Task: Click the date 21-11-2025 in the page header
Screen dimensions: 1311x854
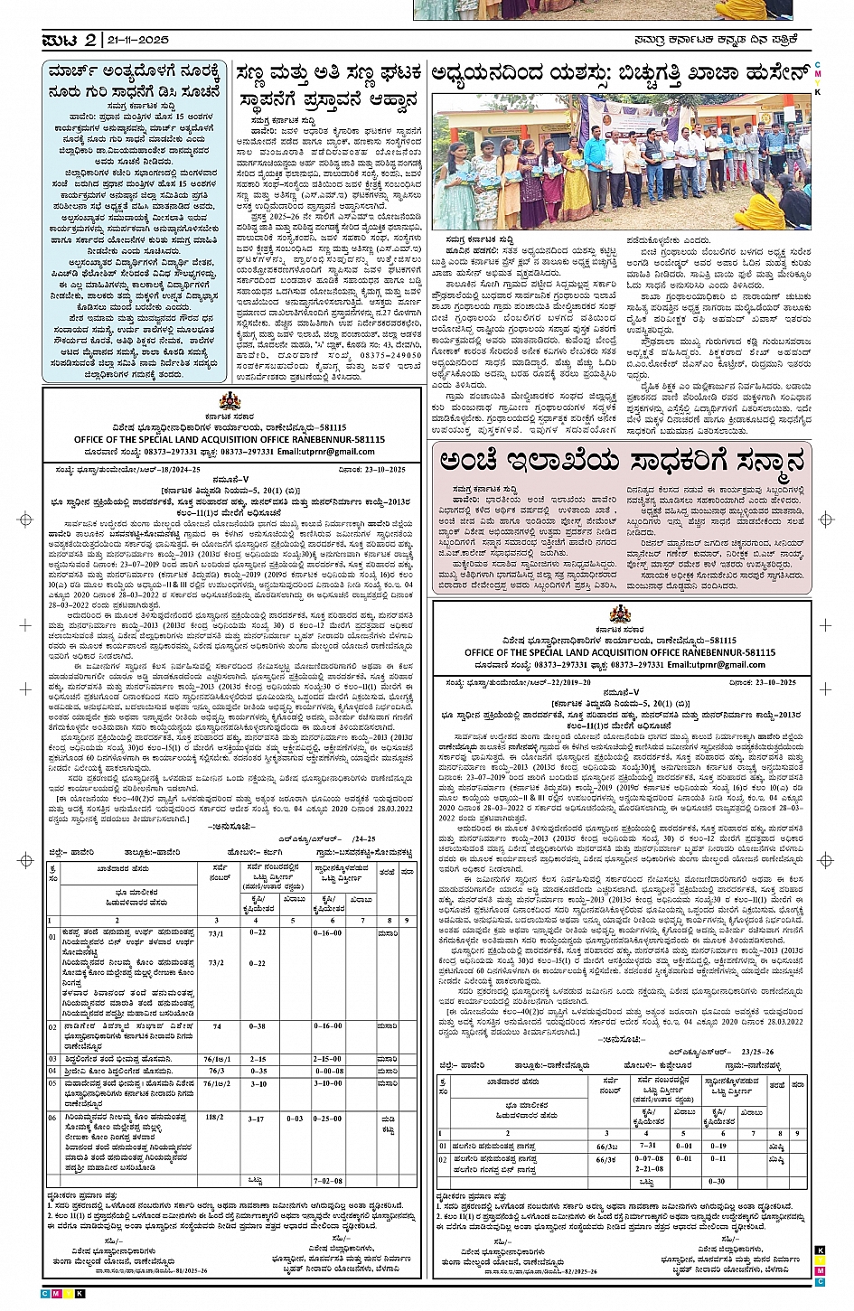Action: point(137,41)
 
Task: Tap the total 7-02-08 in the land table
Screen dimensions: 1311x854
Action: point(327,1180)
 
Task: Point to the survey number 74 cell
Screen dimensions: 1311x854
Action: point(217,1026)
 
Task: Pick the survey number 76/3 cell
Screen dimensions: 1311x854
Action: point(216,1071)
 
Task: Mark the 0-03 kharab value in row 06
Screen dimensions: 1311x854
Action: point(295,1119)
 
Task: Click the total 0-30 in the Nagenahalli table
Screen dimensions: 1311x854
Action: point(717,1181)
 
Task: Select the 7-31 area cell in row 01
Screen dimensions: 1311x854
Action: point(648,1146)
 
